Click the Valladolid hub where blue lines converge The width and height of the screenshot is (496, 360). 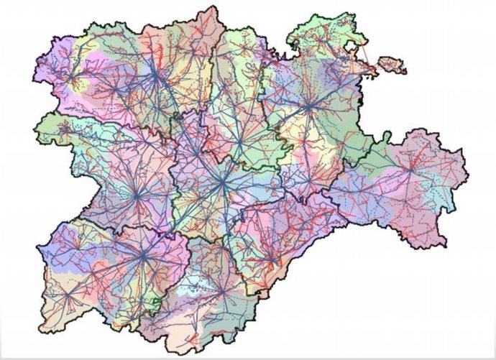(223, 184)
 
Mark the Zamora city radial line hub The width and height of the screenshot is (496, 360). (137, 194)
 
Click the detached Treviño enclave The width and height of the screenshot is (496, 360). (389, 67)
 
